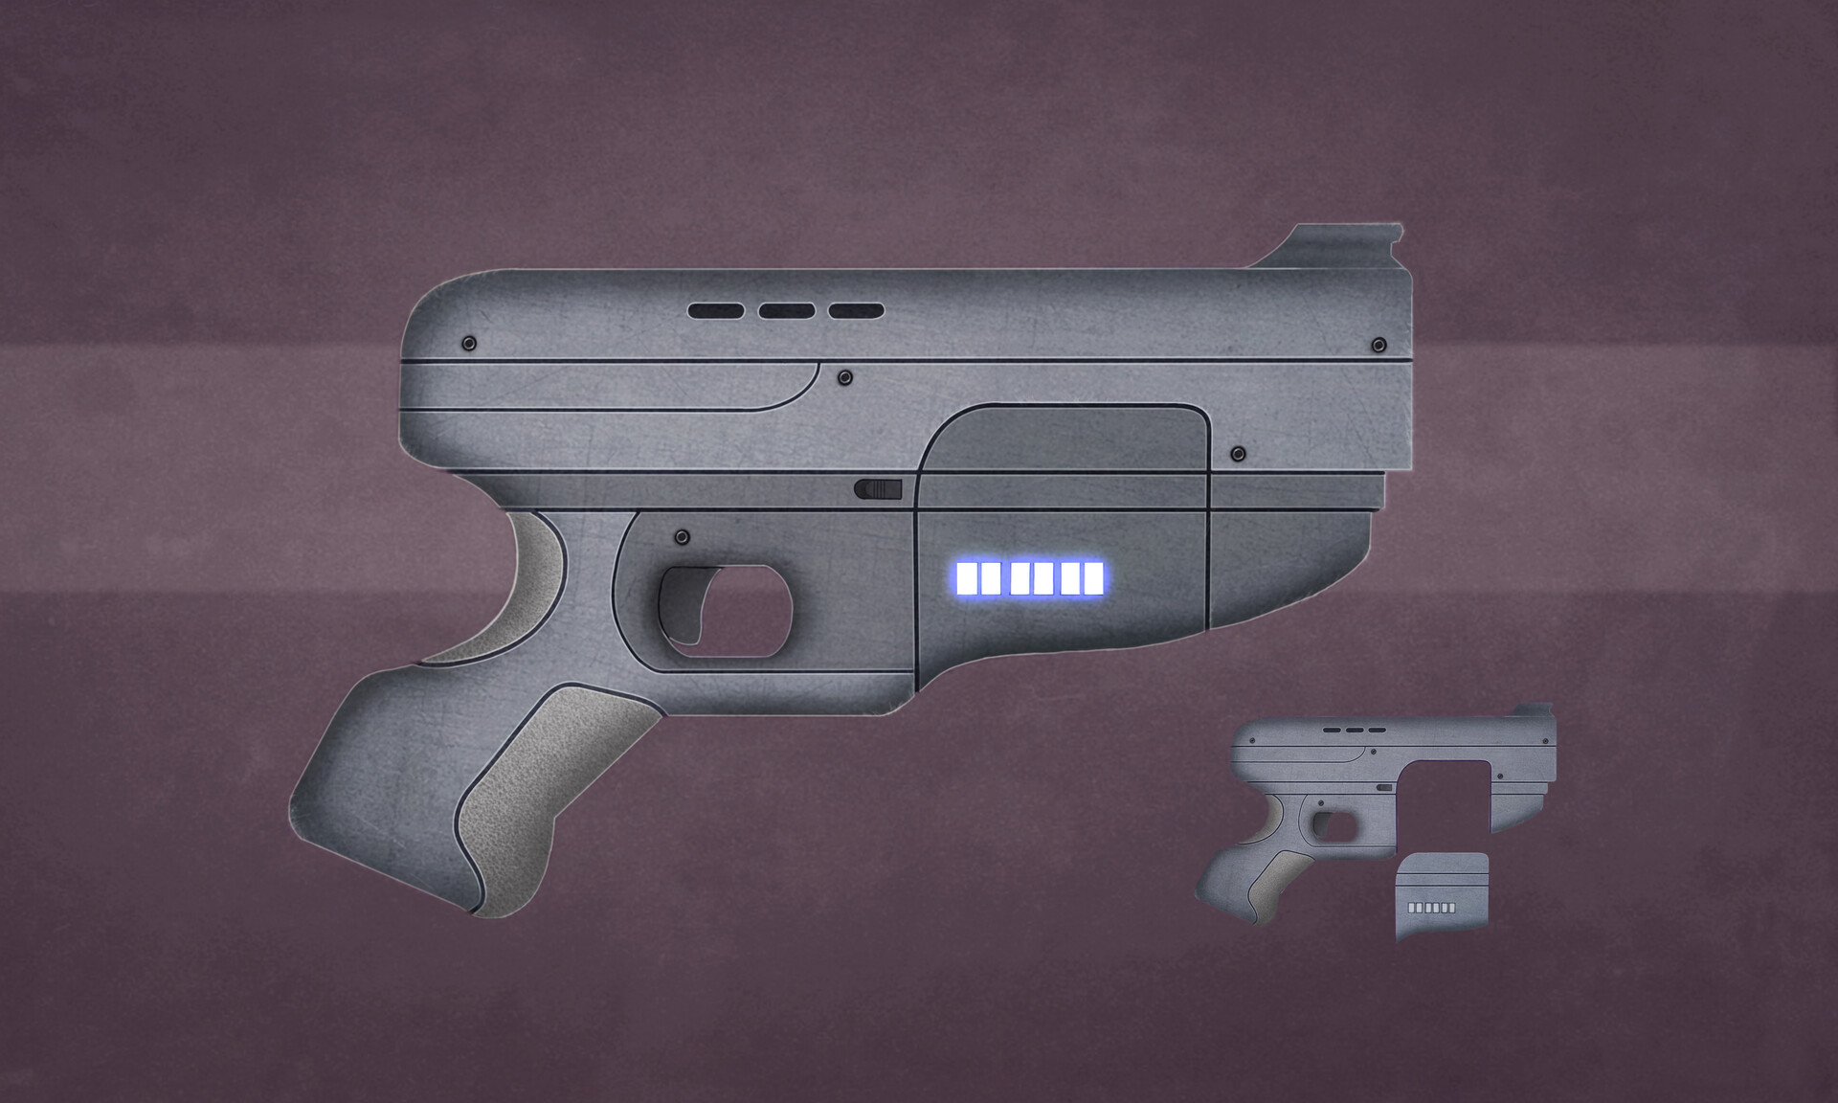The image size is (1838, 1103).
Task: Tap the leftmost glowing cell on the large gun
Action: pos(966,578)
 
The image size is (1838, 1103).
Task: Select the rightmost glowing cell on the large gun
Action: pos(1093,578)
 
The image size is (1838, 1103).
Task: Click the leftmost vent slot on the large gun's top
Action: pos(716,311)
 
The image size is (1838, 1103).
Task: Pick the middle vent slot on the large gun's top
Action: pos(786,311)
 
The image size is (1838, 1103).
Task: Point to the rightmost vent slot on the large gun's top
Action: pos(856,311)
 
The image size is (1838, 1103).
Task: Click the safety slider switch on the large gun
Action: pos(878,489)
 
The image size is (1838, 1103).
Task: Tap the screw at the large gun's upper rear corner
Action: pos(469,343)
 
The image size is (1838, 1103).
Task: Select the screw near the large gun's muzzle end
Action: pos(1378,345)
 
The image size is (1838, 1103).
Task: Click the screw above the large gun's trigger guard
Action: pos(682,536)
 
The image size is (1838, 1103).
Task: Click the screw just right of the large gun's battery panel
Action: pos(1237,453)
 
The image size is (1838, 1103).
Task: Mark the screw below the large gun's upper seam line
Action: pos(844,378)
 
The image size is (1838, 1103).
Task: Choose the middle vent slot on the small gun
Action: pos(1354,731)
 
